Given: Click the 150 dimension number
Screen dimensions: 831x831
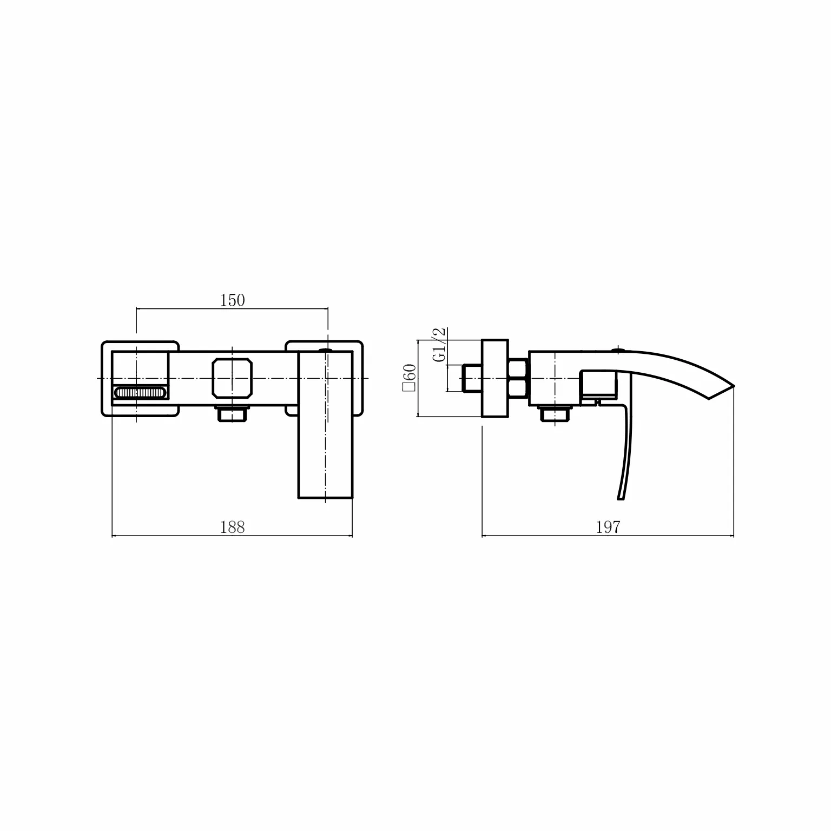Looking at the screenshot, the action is pos(232,300).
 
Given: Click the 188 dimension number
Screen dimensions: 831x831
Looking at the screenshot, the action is pos(232,527).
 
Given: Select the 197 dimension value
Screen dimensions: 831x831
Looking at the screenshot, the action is pos(608,527).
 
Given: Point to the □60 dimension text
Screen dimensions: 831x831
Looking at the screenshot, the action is pos(410,378).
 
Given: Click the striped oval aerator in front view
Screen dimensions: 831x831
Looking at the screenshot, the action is pos(140,393).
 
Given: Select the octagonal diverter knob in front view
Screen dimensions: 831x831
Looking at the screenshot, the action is pos(233,378).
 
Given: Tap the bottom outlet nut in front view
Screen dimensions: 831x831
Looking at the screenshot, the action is pos(232,414).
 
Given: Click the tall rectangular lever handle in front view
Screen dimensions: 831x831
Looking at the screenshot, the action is pos(326,424).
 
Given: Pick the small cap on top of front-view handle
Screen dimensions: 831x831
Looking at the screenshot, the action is pos(326,350).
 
